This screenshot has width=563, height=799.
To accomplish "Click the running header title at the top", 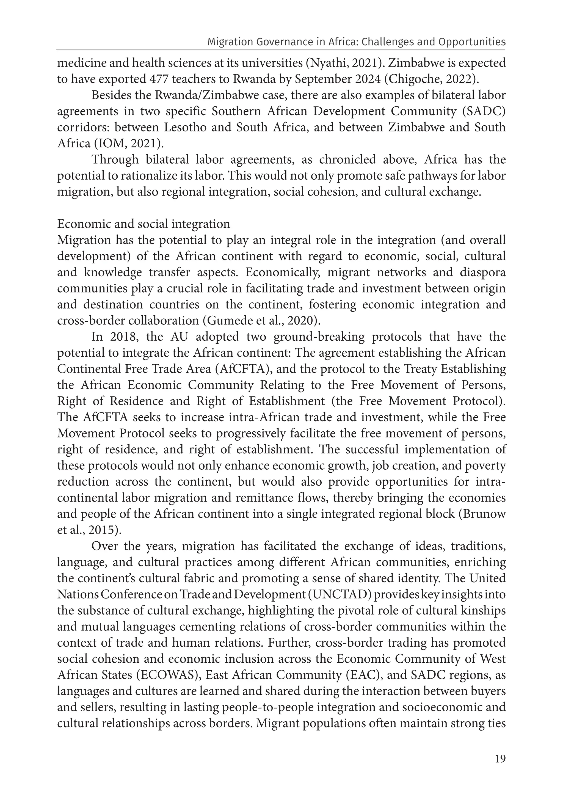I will (356, 42).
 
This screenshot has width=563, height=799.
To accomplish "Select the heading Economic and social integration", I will (143, 224).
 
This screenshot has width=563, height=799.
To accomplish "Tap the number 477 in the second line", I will (159, 79).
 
